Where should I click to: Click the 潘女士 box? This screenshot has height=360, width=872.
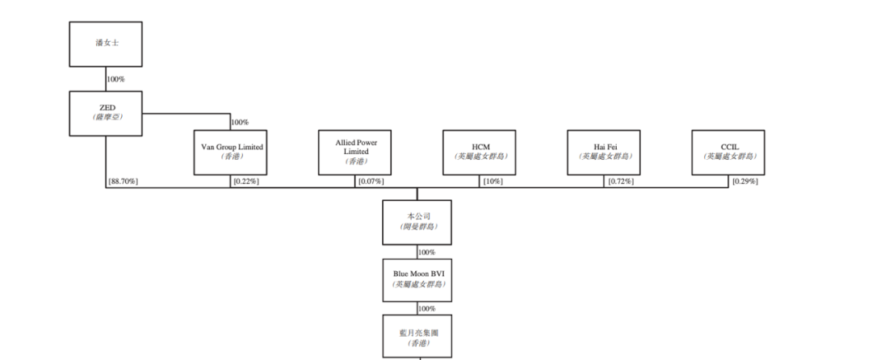pyautogui.click(x=106, y=44)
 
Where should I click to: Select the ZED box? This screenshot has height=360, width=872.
pyautogui.click(x=106, y=112)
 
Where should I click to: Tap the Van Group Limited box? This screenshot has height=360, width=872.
pyautogui.click(x=231, y=152)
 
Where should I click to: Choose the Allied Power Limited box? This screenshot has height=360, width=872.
pyautogui.click(x=356, y=152)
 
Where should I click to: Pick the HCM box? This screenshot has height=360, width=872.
pyautogui.click(x=480, y=152)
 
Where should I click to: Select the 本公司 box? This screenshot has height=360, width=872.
pyautogui.click(x=417, y=222)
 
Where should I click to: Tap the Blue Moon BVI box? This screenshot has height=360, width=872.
pyautogui.click(x=417, y=279)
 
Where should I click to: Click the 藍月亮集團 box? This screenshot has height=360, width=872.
pyautogui.click(x=417, y=336)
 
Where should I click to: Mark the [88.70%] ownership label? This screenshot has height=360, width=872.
pyautogui.click(x=124, y=182)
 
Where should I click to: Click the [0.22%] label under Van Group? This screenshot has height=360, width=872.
pyautogui.click(x=245, y=182)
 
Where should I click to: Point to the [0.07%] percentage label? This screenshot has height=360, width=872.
pyautogui.click(x=371, y=182)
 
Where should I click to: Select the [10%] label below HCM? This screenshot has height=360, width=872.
pyautogui.click(x=493, y=182)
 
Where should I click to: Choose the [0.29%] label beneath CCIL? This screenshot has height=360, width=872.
pyautogui.click(x=744, y=182)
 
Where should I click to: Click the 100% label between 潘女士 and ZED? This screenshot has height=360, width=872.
pyautogui.click(x=117, y=79)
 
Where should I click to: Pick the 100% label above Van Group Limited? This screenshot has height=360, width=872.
pyautogui.click(x=240, y=123)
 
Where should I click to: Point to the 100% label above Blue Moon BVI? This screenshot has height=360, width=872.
pyautogui.click(x=427, y=252)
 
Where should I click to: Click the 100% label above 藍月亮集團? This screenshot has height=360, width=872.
pyautogui.click(x=427, y=308)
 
